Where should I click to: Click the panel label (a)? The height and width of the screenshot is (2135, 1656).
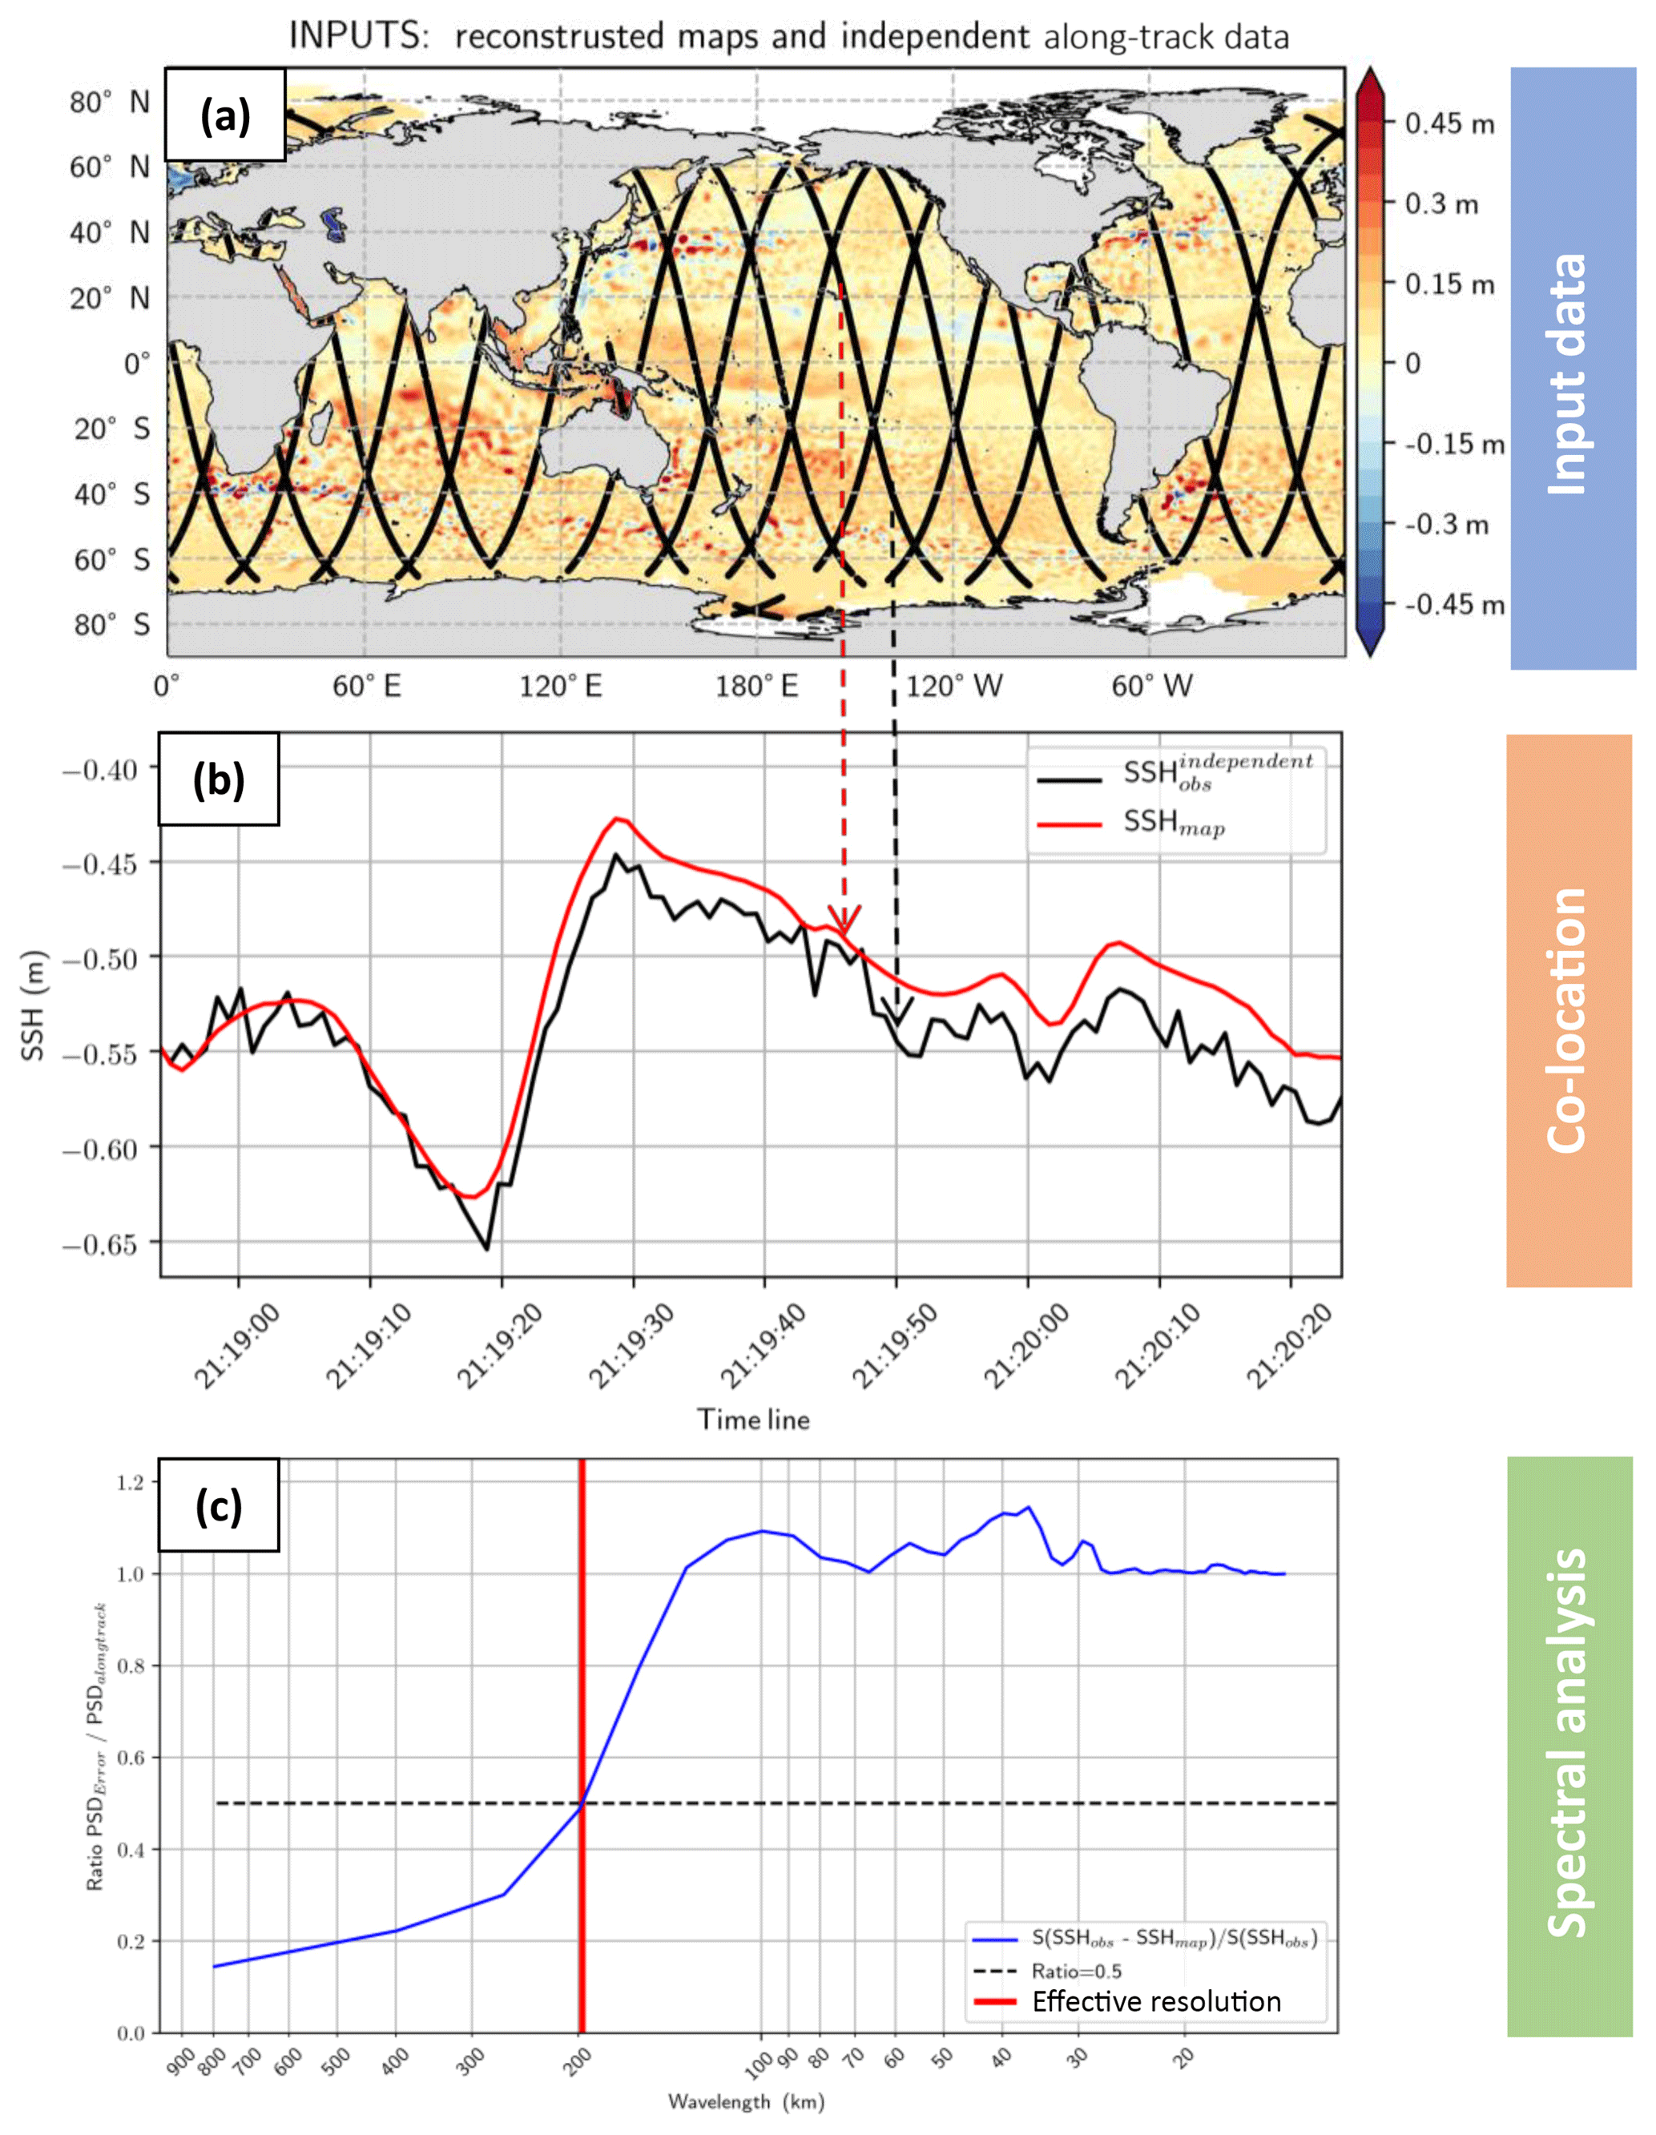[x=225, y=115]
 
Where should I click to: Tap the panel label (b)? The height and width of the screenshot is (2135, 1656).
[x=218, y=780]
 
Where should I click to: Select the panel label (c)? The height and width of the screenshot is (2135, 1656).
[x=218, y=1505]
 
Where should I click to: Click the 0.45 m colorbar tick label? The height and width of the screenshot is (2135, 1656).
[x=1448, y=124]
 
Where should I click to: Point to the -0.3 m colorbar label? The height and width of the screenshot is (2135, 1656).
[x=1447, y=525]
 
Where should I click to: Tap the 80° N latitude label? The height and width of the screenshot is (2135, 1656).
[x=110, y=102]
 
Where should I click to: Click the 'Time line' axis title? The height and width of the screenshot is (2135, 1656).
[x=753, y=1420]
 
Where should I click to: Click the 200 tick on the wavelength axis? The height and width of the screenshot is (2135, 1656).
[x=578, y=2061]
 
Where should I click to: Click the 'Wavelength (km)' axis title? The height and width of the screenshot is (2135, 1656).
[x=746, y=2101]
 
